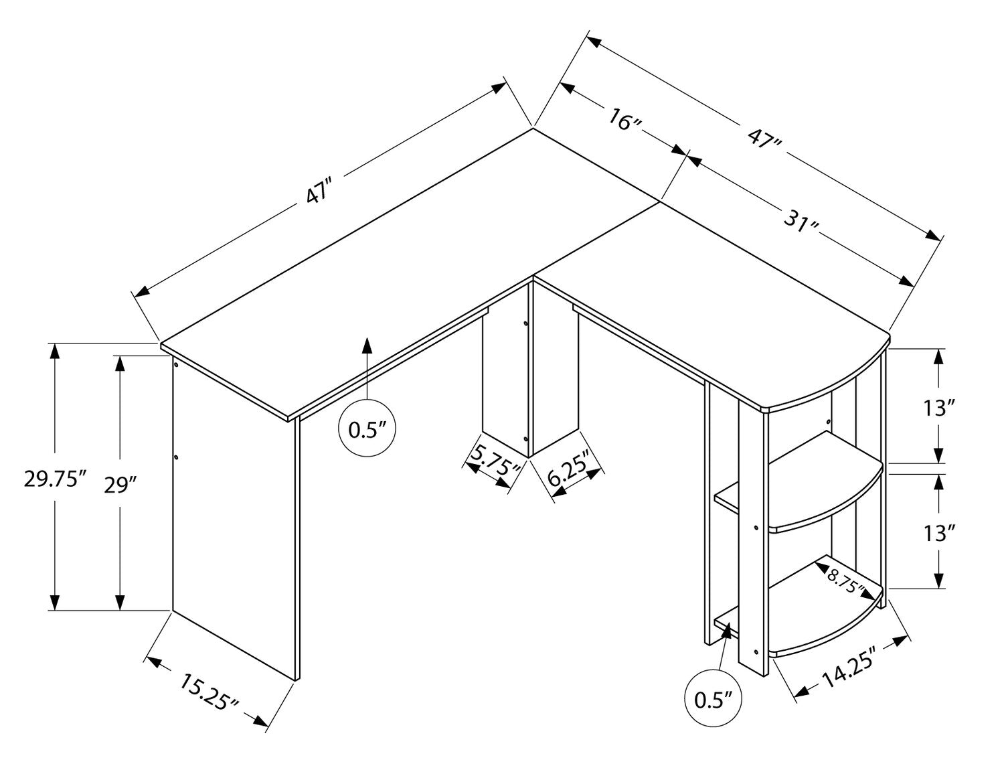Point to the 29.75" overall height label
click(56, 480)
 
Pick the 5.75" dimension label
click(494, 463)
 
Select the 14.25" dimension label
click(849, 672)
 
